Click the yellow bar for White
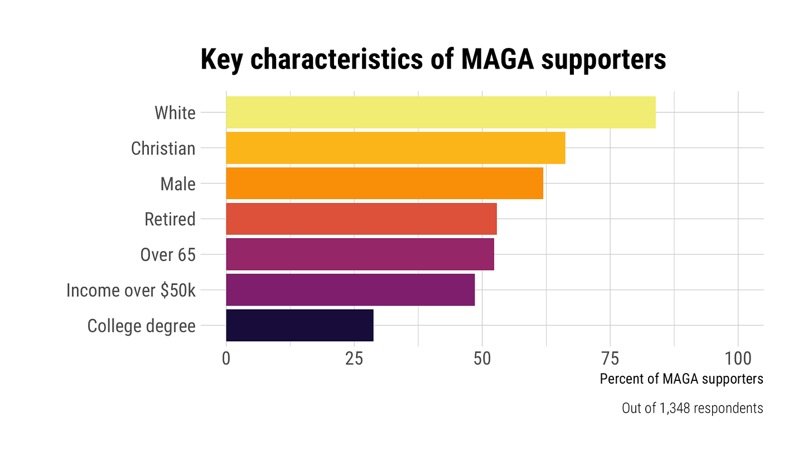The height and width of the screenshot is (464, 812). coord(441,113)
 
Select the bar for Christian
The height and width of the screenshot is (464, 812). coord(395,148)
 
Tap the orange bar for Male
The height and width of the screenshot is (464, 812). coord(384,183)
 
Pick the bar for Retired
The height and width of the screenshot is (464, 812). coord(361,219)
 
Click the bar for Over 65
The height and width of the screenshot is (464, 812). coord(360,254)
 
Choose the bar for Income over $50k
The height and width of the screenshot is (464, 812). coord(350,290)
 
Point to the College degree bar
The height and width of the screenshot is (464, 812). coord(299,325)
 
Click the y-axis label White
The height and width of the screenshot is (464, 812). coord(175,113)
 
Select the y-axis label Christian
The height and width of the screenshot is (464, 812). coord(163,149)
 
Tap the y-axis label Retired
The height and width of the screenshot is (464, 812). coord(170,220)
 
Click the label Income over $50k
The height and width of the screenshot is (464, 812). coord(130,291)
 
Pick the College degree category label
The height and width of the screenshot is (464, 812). coord(141,326)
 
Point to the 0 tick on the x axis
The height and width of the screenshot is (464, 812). coord(226,359)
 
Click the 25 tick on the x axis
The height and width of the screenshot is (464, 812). coord(354,359)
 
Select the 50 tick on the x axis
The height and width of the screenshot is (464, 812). coord(482,359)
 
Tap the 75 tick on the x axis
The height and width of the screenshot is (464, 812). coord(610,359)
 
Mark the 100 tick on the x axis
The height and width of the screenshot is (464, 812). coord(738,359)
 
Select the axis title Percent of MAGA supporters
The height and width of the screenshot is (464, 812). coord(681,379)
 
